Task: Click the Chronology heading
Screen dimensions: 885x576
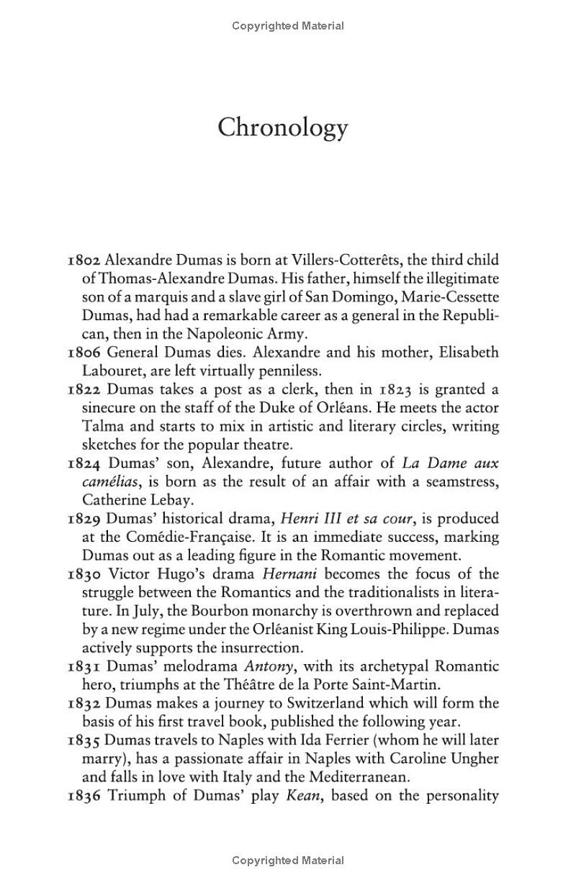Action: (283, 128)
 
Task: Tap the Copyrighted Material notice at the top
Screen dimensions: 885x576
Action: (288, 26)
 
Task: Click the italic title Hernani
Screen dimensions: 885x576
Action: (288, 574)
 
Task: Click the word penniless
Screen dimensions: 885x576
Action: (288, 371)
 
